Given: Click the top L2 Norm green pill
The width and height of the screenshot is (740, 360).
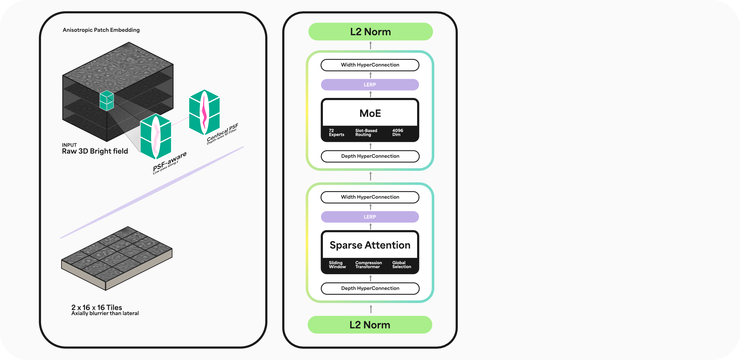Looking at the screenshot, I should click(x=370, y=32).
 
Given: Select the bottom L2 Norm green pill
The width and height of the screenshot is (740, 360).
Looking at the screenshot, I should click(x=370, y=325).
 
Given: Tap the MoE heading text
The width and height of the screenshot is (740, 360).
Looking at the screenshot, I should click(x=370, y=113).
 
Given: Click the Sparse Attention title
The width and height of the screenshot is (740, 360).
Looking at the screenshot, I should click(x=370, y=245).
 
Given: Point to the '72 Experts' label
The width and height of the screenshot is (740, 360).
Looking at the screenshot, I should click(x=336, y=133).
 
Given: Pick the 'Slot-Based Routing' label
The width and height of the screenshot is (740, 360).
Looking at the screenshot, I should click(x=366, y=133).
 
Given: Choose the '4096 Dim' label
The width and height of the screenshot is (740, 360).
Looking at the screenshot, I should click(x=397, y=133).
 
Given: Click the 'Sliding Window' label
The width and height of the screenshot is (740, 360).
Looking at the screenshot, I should click(x=337, y=265).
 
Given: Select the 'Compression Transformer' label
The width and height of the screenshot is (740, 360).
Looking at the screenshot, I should click(x=368, y=265).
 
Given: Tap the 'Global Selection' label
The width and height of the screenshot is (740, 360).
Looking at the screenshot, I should click(x=401, y=265).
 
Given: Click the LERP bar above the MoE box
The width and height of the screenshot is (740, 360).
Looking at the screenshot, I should click(x=370, y=85).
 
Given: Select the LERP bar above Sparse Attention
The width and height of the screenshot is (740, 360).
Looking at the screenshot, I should click(x=370, y=217).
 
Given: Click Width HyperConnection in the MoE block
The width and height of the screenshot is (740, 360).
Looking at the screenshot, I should click(x=370, y=65).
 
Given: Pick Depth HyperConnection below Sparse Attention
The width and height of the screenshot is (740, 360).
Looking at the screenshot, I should click(x=370, y=288).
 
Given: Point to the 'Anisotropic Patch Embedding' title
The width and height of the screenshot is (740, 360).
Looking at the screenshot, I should click(x=101, y=30).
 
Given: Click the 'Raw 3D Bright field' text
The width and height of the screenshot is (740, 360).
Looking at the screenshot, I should click(x=95, y=151).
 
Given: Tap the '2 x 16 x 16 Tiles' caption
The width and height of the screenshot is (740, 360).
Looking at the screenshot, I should click(x=97, y=308).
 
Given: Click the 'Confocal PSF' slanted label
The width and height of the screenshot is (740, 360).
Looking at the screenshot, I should click(x=222, y=133).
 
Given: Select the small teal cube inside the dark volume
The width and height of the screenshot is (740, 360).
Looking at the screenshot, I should click(x=107, y=100).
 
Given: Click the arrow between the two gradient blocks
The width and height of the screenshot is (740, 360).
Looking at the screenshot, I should click(x=370, y=176).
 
